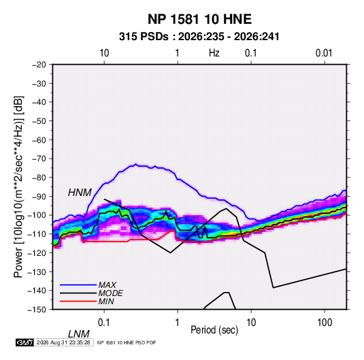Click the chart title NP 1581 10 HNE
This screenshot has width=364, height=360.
click(x=199, y=19)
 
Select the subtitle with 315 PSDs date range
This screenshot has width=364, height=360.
click(x=199, y=37)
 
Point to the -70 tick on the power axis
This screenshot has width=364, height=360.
click(x=39, y=159)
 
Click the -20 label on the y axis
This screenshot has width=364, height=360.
click(x=39, y=65)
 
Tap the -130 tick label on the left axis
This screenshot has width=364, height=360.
click(x=37, y=272)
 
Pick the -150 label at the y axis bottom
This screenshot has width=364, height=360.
click(x=37, y=310)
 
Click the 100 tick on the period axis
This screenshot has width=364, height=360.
click(x=325, y=323)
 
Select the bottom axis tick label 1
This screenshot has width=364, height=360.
click(x=178, y=323)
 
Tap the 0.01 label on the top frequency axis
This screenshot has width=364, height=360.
click(x=324, y=53)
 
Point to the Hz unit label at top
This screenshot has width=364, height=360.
click(x=214, y=53)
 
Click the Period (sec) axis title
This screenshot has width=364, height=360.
click(x=214, y=330)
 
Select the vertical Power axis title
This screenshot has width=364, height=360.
click(x=18, y=186)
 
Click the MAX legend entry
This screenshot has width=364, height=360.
click(x=107, y=285)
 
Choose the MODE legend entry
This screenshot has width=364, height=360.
click(x=110, y=293)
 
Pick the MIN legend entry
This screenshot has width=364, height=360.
click(x=106, y=301)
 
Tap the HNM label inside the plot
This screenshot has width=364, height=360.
click(x=80, y=193)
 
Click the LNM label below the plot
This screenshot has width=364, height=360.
click(x=79, y=334)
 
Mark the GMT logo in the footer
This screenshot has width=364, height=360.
click(x=24, y=342)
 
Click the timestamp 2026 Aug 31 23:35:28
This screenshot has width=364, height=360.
click(x=63, y=342)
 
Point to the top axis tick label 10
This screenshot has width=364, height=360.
click(x=104, y=53)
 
